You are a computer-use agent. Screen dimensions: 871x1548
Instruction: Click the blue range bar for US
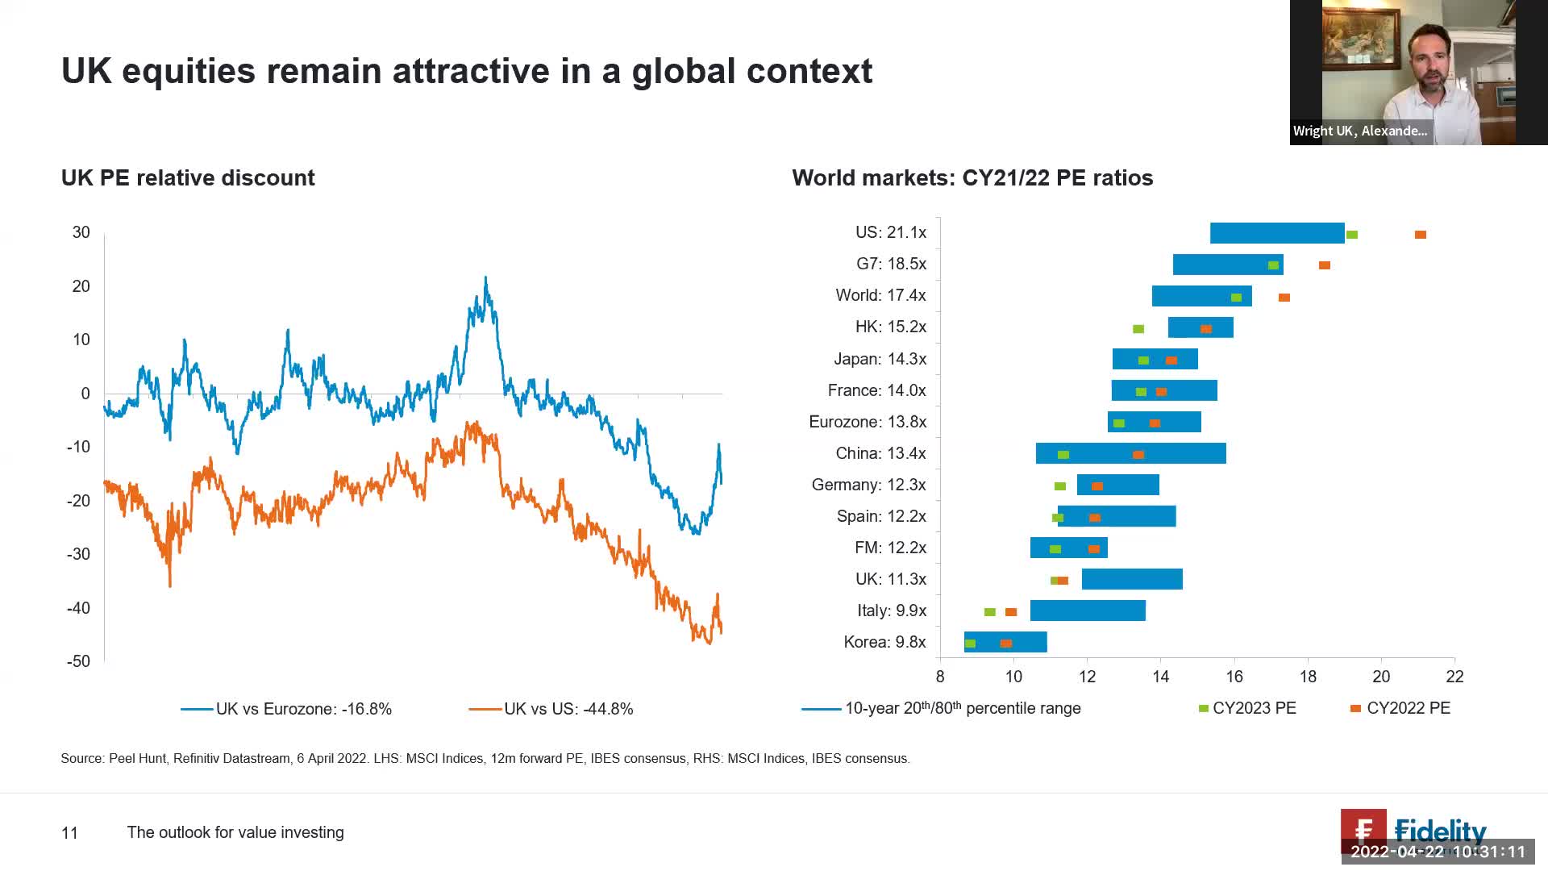(x=1277, y=233)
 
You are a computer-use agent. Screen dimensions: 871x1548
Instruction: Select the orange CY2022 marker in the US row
(x=1421, y=235)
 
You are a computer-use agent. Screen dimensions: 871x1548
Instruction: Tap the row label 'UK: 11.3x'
(x=890, y=579)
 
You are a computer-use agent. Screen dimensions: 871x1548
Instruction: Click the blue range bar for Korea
(x=1005, y=642)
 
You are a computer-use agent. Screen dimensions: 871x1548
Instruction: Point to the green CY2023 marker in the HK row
(x=1138, y=329)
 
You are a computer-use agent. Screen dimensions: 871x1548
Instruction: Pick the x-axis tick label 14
(x=1161, y=677)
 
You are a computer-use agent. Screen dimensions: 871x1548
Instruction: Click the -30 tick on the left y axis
(x=78, y=554)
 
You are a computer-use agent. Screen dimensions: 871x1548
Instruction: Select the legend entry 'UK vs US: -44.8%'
(x=568, y=709)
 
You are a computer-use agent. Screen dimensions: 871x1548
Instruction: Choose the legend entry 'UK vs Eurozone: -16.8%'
(x=303, y=709)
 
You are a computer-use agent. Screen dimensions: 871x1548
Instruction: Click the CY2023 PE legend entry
(x=1254, y=708)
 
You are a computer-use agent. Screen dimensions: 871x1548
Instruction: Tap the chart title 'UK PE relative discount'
(x=188, y=178)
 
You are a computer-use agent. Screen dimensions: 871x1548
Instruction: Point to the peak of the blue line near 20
(x=485, y=279)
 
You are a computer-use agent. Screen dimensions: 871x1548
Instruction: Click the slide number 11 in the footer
(x=69, y=833)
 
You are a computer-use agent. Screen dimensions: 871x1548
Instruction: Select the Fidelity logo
(x=1414, y=831)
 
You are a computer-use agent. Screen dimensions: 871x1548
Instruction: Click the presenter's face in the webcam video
(x=1430, y=60)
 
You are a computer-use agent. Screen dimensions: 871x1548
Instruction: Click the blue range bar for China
(x=1130, y=453)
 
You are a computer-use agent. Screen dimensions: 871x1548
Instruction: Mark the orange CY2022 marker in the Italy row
(x=1011, y=612)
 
